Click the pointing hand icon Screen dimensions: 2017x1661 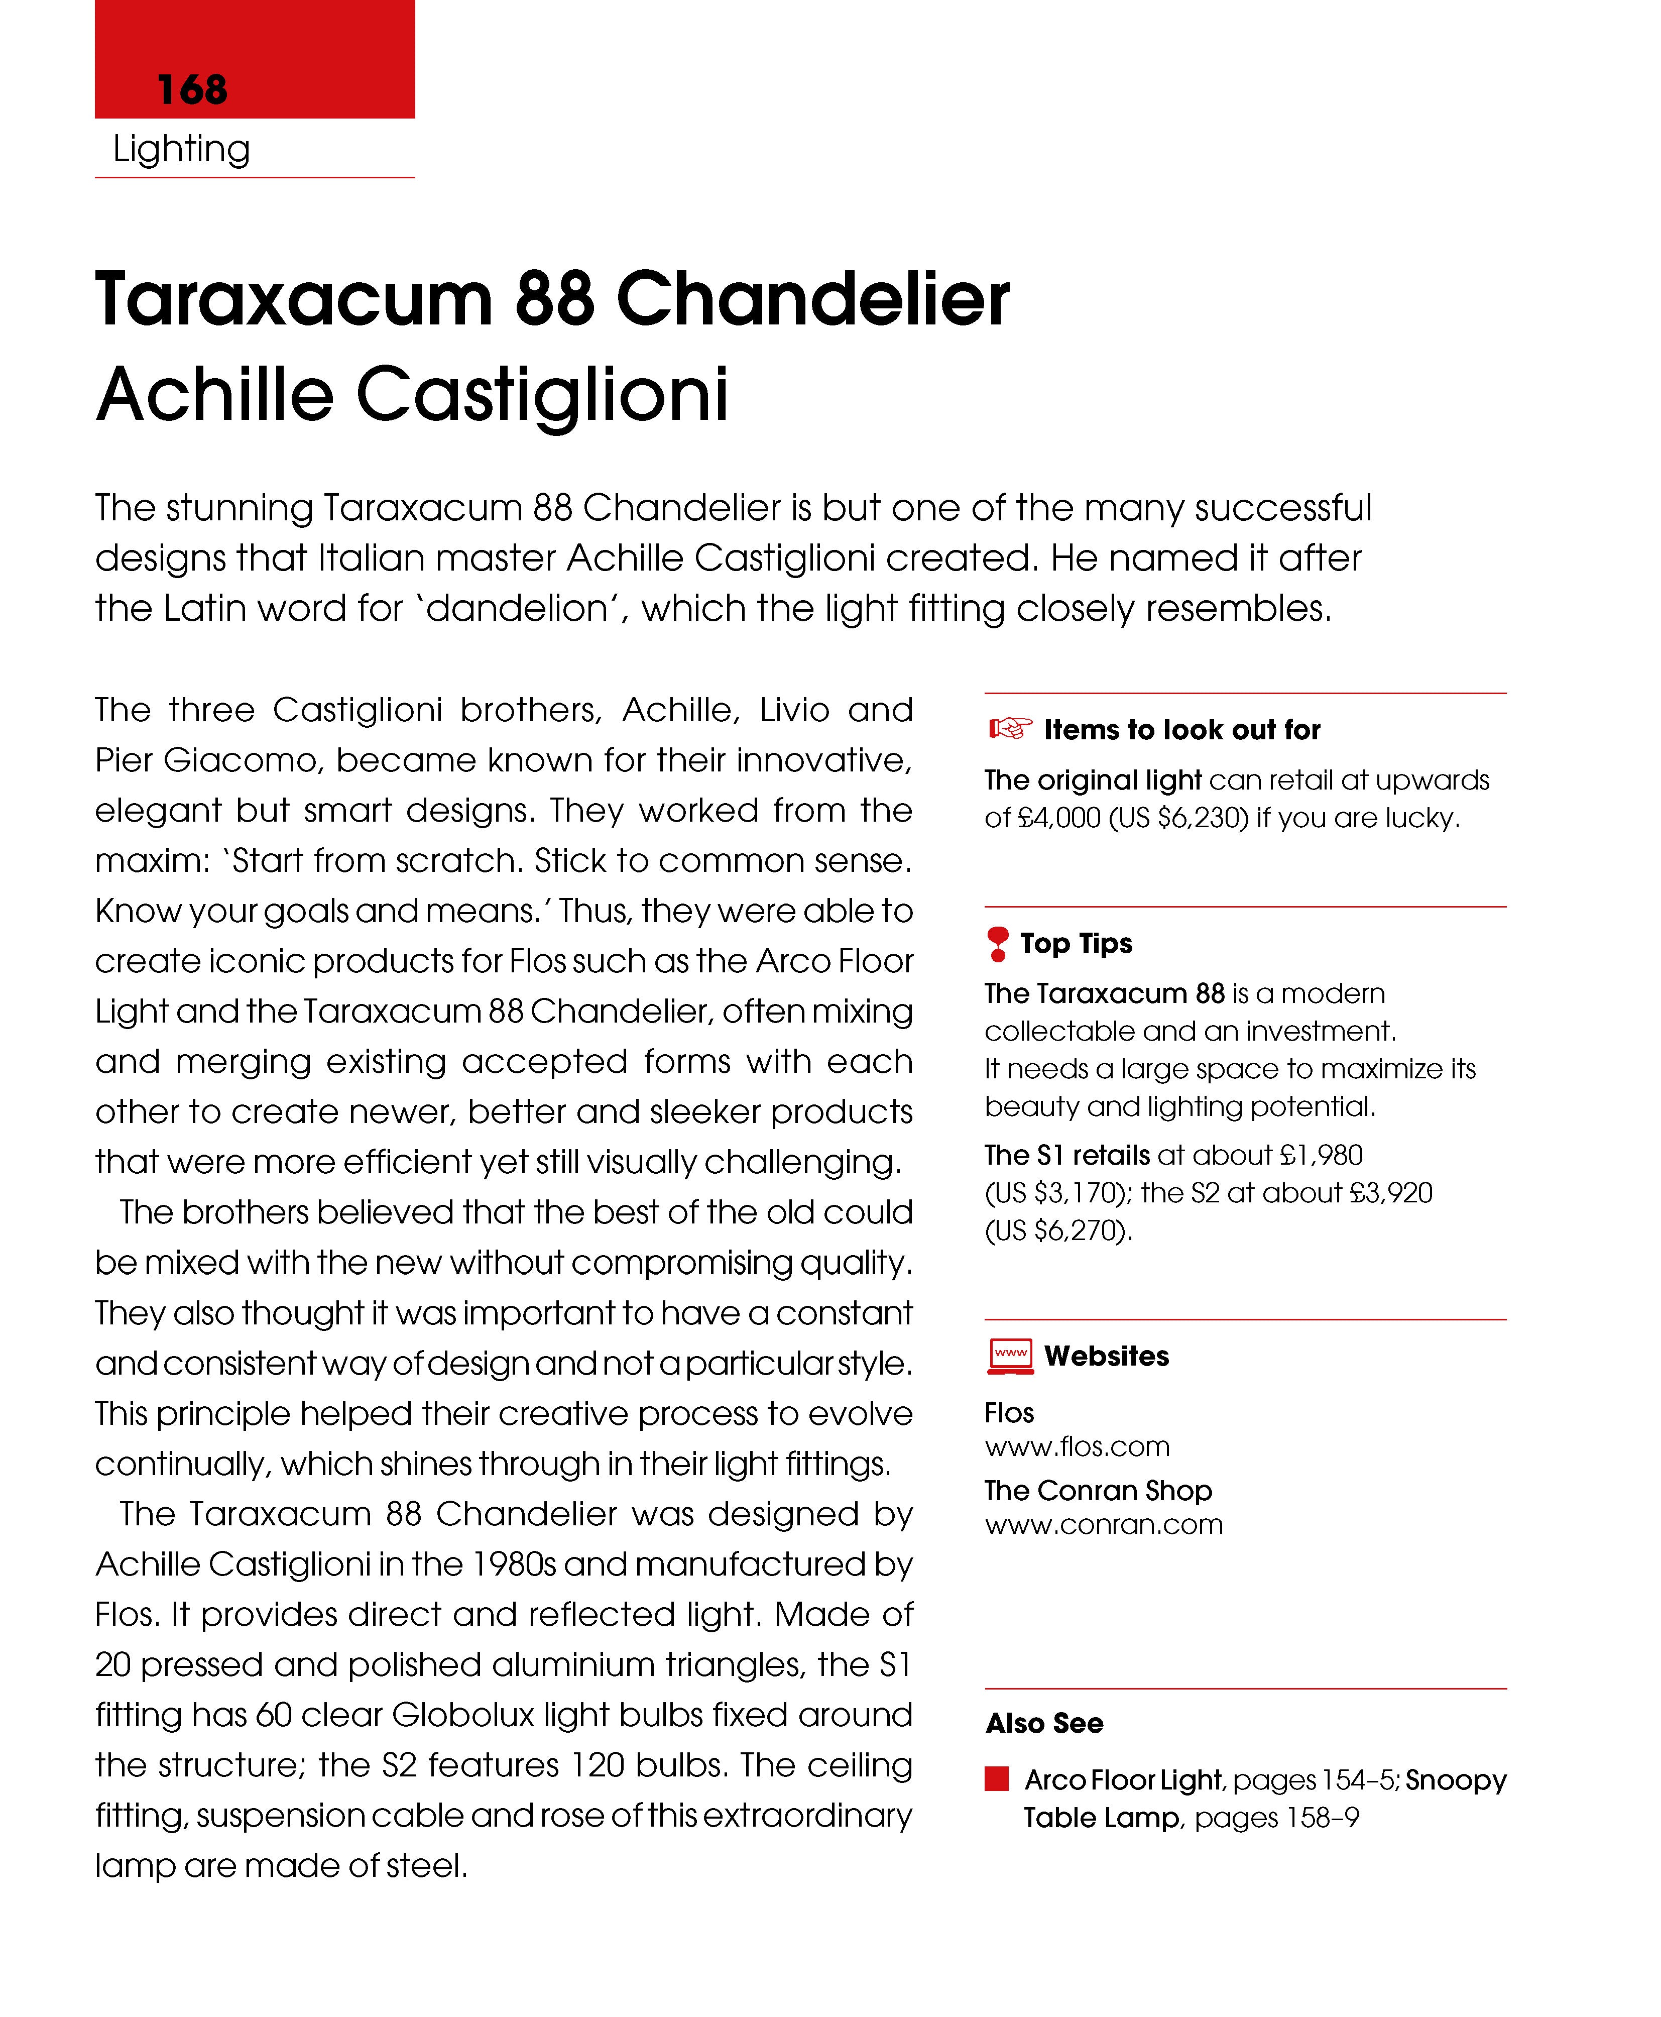coord(1009,729)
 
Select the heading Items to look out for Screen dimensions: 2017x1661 coord(1181,730)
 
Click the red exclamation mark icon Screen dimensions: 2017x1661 coord(997,943)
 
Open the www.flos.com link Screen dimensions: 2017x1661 coord(1077,1447)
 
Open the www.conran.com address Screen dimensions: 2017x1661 coord(1103,1524)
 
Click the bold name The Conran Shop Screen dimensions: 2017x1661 coord(1098,1491)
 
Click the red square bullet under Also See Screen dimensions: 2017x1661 coord(997,1779)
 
